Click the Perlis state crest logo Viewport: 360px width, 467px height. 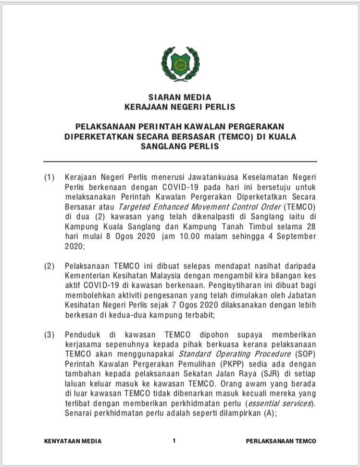coord(180,64)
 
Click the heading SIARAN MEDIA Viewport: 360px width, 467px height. coord(180,98)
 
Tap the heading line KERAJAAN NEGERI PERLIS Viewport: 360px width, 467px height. coord(180,107)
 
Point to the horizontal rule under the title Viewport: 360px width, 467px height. coord(180,161)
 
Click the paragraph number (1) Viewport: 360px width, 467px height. coord(50,177)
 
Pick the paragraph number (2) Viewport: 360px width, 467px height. coord(50,266)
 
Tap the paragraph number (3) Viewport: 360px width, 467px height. coord(50,334)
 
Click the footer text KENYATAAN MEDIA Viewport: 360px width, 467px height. coord(73,441)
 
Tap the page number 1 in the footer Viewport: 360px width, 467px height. coord(174,441)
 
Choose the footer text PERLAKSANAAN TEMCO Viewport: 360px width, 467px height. coord(281,441)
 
